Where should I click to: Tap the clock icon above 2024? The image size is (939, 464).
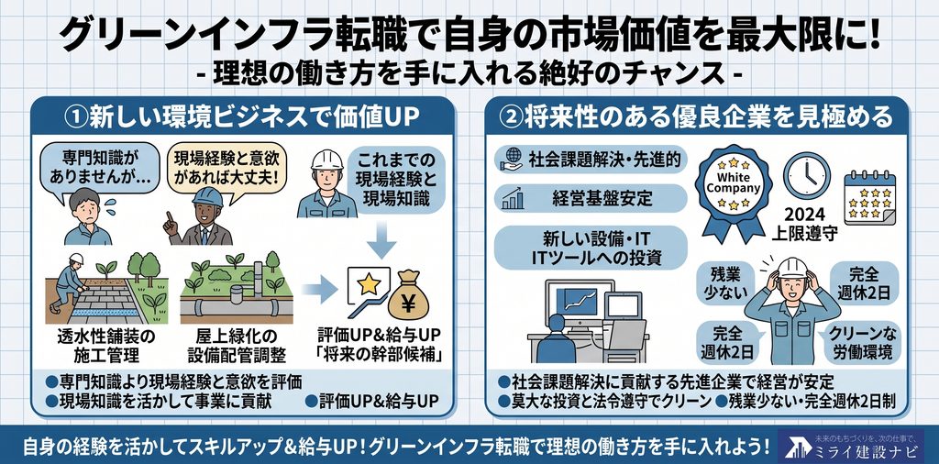tap(807, 175)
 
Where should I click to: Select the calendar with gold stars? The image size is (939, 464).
tap(870, 197)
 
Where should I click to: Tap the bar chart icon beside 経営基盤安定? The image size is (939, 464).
tap(514, 198)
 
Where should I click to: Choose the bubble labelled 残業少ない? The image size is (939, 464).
tap(725, 283)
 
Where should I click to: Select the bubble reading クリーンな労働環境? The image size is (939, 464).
tap(862, 343)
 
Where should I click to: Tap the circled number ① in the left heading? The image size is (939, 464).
tap(75, 117)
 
